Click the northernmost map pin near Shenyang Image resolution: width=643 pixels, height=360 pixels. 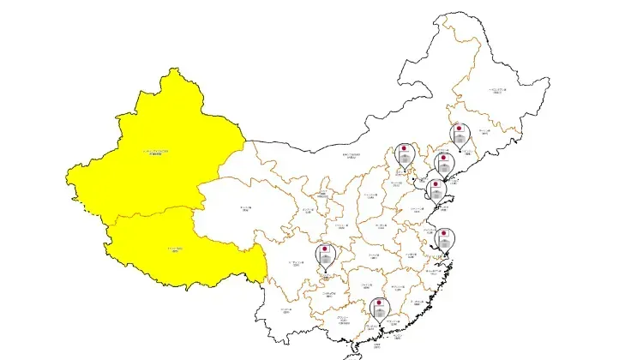460,136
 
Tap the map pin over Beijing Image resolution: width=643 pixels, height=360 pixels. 403,155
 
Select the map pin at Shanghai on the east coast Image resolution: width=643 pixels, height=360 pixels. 443,239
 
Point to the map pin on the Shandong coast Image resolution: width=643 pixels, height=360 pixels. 436,191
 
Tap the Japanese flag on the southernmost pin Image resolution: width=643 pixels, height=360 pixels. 378,303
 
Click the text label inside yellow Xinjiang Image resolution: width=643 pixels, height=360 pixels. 156,153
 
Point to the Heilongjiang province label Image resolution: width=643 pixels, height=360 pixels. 497,89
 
